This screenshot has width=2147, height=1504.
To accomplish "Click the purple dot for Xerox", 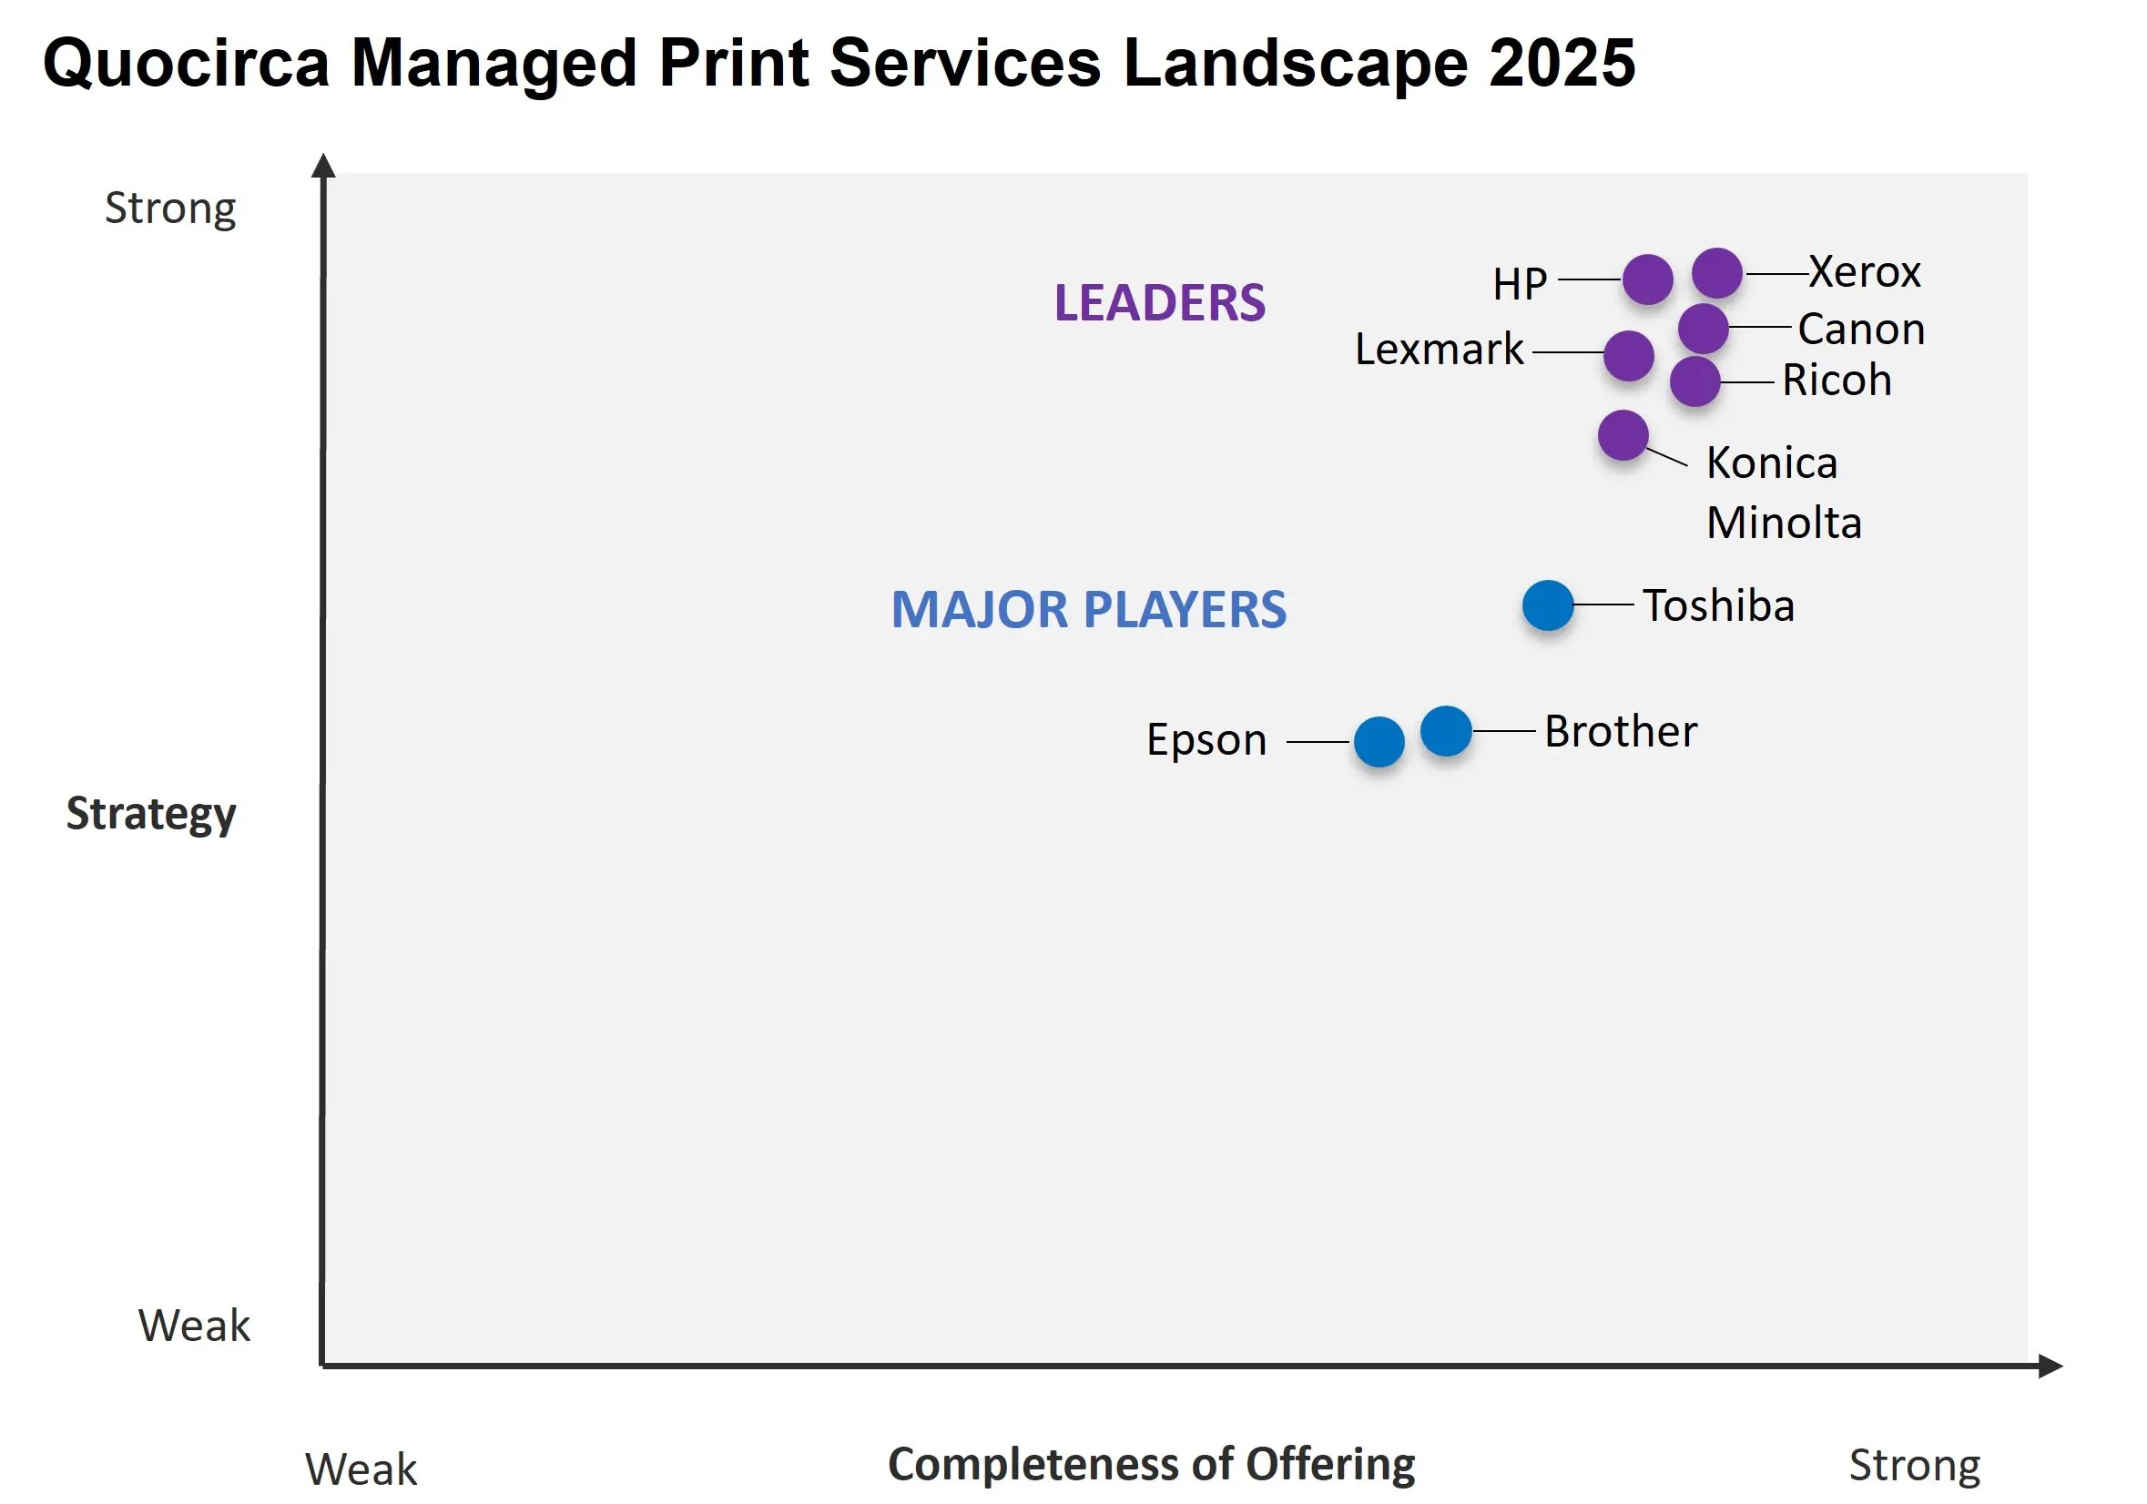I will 1717,273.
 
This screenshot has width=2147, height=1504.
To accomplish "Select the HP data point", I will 1648,279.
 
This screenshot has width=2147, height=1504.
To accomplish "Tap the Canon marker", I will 1703,328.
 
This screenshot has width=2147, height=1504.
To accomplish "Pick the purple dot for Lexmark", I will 1628,355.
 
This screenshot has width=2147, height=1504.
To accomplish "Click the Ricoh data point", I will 1694,381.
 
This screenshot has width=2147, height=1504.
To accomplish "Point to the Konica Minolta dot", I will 1623,434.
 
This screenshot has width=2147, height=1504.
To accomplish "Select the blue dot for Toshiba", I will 1548,605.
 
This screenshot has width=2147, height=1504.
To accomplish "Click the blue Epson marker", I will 1379,741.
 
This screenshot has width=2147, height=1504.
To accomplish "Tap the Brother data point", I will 1446,731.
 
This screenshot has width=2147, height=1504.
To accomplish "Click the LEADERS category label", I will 1159,303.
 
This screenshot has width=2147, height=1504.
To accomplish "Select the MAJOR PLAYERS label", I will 1088,609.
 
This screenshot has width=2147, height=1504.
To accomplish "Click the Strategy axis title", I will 151,813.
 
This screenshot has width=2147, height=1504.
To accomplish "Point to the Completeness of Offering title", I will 1151,1464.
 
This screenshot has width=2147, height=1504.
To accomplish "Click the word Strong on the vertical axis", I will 170,208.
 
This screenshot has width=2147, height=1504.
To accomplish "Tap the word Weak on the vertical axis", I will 195,1326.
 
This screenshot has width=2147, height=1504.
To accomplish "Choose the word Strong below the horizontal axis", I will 1914,1466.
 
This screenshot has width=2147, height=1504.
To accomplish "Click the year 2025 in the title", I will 1562,64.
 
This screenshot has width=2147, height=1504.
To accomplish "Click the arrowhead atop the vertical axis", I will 323,166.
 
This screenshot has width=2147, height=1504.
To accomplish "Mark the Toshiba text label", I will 1719,605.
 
